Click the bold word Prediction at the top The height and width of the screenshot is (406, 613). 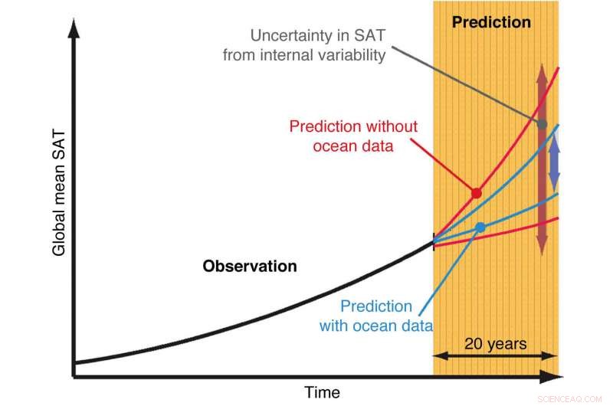(x=491, y=22)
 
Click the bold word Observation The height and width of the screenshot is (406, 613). (x=249, y=267)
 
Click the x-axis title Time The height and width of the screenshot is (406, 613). (x=322, y=392)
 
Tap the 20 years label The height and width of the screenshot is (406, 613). (x=496, y=343)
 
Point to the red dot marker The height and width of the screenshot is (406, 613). (x=476, y=193)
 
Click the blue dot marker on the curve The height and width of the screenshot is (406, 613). (x=480, y=228)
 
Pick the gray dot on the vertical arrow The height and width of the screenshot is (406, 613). (x=542, y=123)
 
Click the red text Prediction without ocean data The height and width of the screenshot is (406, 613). (x=353, y=136)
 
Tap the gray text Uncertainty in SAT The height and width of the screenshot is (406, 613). (x=317, y=35)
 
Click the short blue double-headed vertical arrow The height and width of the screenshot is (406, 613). (x=555, y=164)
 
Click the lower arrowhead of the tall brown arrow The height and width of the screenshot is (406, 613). (x=542, y=245)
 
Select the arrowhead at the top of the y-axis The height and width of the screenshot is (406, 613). (x=74, y=31)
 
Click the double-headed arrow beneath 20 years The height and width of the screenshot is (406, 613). (x=495, y=356)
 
